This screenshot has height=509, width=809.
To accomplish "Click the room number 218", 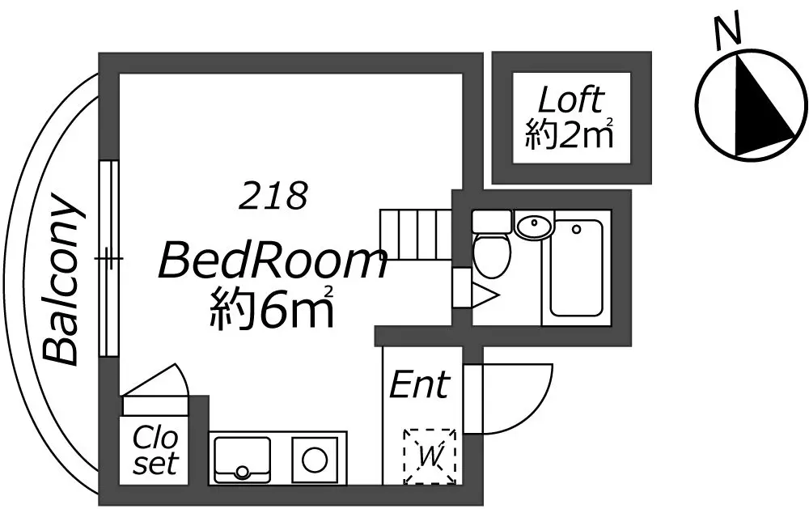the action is tap(273, 196).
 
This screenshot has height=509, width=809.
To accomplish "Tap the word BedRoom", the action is tap(273, 261).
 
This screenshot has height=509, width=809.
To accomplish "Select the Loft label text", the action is tap(570, 100).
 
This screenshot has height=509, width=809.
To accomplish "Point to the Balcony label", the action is tap(61, 278).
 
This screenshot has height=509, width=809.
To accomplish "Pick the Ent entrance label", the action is tap(419, 384).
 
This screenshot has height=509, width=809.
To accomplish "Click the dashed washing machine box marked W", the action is tap(430, 456).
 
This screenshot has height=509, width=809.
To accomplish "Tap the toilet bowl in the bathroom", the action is tap(492, 254).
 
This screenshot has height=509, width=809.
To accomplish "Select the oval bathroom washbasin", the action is tap(534, 226).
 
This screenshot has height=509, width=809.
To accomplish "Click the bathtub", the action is tap(576, 268).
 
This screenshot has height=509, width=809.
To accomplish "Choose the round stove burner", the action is tap(315, 460).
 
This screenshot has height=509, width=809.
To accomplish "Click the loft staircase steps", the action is tap(416, 234).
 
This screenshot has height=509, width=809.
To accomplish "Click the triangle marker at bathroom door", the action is tap(485, 296).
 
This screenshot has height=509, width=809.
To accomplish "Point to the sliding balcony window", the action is tap(109, 258).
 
